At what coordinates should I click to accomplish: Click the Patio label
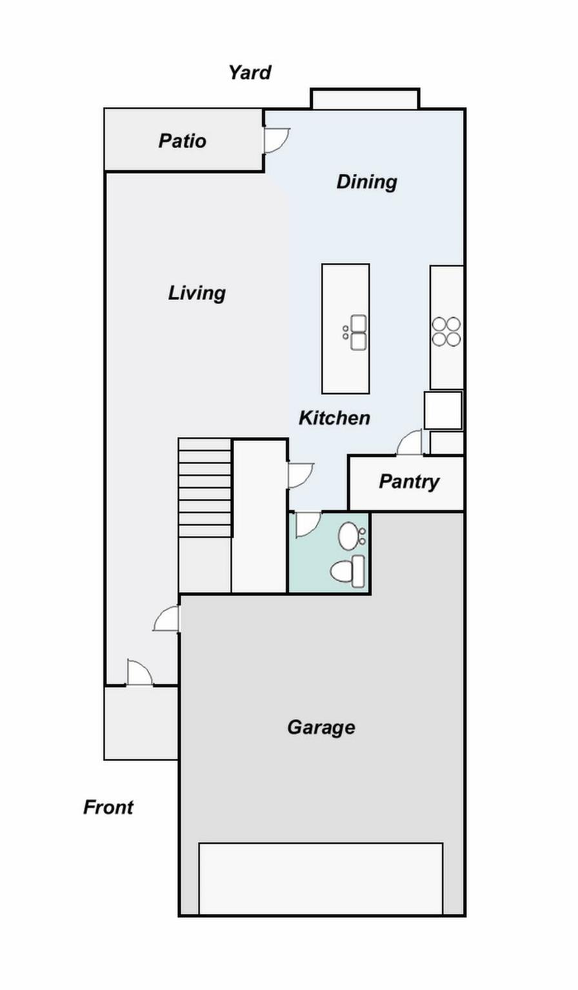coord(183,141)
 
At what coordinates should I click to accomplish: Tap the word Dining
coord(366,182)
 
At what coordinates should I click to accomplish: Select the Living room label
coord(197,293)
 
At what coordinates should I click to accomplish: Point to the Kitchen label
coord(334,418)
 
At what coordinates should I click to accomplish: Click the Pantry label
coord(409,481)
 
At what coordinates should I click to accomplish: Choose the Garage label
coord(321,728)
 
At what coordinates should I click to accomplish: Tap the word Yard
coord(250,73)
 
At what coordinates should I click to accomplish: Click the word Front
coord(108,807)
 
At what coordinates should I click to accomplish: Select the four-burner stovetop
coord(446,331)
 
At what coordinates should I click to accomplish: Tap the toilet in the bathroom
coord(348,571)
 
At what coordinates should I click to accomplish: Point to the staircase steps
coord(204,487)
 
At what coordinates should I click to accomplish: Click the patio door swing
coord(275,140)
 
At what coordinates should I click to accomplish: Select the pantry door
coord(410,443)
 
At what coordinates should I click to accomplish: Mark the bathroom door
coord(307,523)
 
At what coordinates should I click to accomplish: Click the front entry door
coord(139,674)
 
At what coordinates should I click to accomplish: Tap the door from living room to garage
coord(167,619)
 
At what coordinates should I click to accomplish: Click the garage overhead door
coord(321,878)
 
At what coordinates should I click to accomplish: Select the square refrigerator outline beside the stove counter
coord(443,411)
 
